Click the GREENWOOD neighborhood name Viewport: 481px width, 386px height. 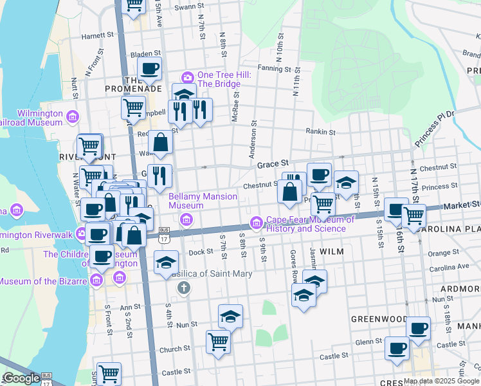click(x=379, y=318)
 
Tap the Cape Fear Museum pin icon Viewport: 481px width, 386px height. click(x=257, y=222)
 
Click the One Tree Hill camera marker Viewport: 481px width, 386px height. click(x=188, y=77)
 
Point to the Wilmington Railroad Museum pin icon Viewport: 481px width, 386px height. click(x=73, y=116)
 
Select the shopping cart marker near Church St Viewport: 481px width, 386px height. click(x=219, y=341)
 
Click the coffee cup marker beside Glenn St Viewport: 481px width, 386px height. click(x=397, y=348)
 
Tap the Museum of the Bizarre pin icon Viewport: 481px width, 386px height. click(x=96, y=280)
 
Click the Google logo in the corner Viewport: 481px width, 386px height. click(x=21, y=378)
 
